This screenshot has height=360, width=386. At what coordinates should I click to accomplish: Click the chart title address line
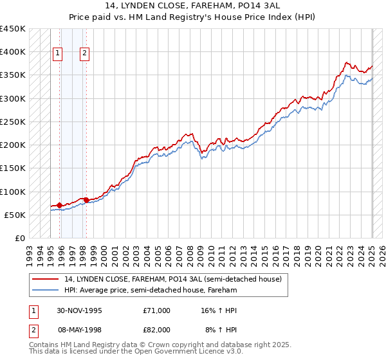[x=192, y=7]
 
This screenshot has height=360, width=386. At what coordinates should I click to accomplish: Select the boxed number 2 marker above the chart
[x=85, y=53]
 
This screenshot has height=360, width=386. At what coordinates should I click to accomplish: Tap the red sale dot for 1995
[x=60, y=205]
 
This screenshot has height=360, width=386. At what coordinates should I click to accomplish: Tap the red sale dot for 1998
[x=86, y=200]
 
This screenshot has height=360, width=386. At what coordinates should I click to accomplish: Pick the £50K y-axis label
[x=15, y=215]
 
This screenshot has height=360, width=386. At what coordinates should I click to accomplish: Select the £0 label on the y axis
[x=20, y=238]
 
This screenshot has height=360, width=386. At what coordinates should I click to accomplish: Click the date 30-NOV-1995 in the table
[x=80, y=310]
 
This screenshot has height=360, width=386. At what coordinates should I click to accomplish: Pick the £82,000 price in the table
[x=157, y=329]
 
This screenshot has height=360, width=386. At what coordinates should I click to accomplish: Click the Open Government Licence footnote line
[x=136, y=352]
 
